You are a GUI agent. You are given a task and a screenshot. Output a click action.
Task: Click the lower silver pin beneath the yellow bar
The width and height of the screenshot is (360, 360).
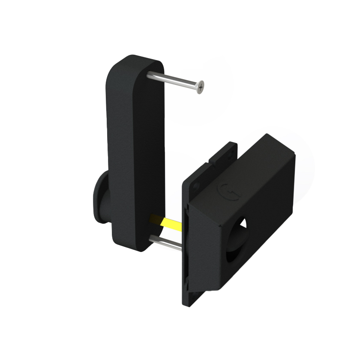pos(167,243)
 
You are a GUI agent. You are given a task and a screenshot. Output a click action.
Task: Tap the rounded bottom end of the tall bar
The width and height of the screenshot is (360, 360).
pos(129,244)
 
